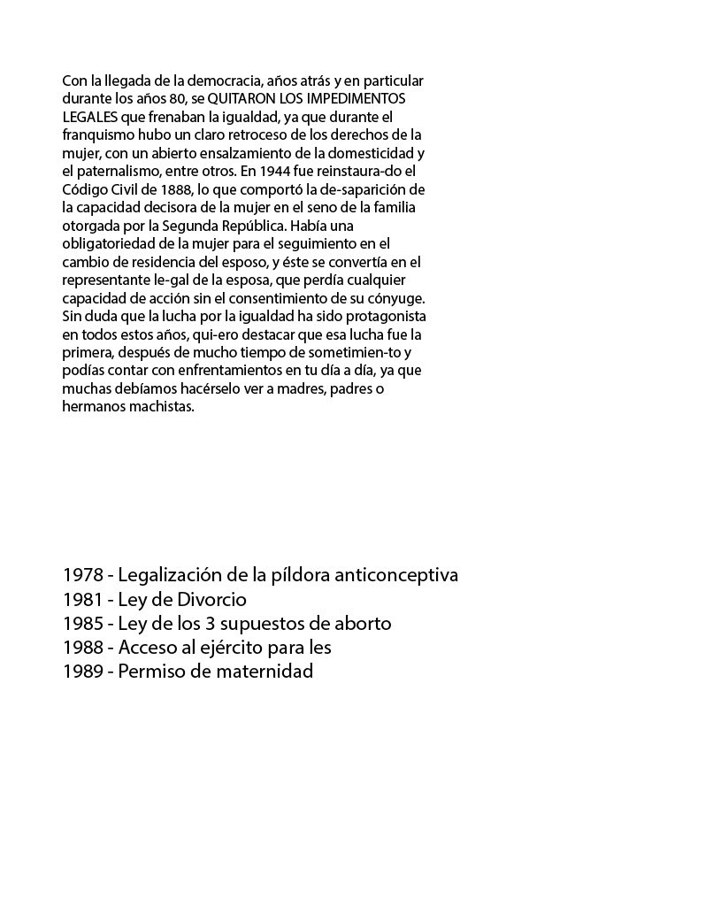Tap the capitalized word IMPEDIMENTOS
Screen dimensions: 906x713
tap(359, 98)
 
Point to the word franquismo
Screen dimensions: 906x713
tap(98, 134)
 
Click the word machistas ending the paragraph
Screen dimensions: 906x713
tap(163, 407)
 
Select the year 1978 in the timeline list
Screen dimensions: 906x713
tap(83, 575)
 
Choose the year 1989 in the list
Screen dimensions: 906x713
tap(83, 672)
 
